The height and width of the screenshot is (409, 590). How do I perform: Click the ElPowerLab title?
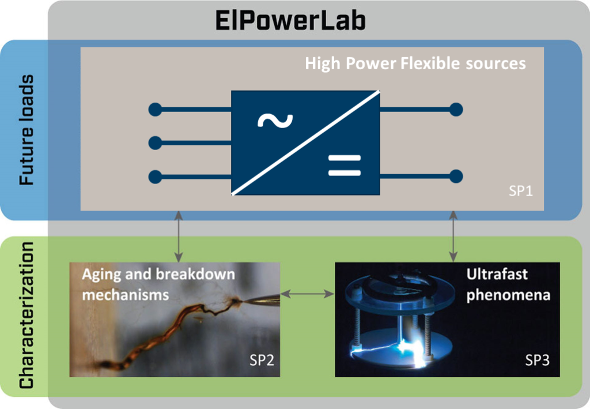[x=290, y=21]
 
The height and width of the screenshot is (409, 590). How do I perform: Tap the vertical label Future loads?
[x=27, y=130]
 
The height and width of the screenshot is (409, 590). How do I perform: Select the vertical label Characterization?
[x=27, y=315]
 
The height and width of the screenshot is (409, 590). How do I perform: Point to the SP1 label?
[x=521, y=192]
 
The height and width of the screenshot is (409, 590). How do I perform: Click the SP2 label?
[x=262, y=361]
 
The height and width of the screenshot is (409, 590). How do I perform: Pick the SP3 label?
[x=538, y=361]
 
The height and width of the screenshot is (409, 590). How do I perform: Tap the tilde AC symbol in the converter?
[x=275, y=121]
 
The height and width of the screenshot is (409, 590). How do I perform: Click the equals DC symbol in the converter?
[x=345, y=166]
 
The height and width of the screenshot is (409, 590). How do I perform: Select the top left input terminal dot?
[x=156, y=110]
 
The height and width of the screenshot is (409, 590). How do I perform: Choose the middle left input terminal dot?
[x=156, y=143]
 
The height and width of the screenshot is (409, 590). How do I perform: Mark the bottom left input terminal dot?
[x=156, y=177]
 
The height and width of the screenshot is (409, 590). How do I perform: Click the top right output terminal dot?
[x=456, y=110]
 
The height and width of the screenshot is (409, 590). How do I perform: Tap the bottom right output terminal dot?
[x=456, y=177]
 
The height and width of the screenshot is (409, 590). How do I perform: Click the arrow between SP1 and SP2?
[x=179, y=236]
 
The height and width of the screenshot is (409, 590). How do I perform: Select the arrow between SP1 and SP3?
[x=453, y=236]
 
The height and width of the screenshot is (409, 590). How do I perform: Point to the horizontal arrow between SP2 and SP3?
[x=308, y=294]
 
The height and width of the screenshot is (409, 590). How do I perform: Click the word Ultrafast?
[x=497, y=274]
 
